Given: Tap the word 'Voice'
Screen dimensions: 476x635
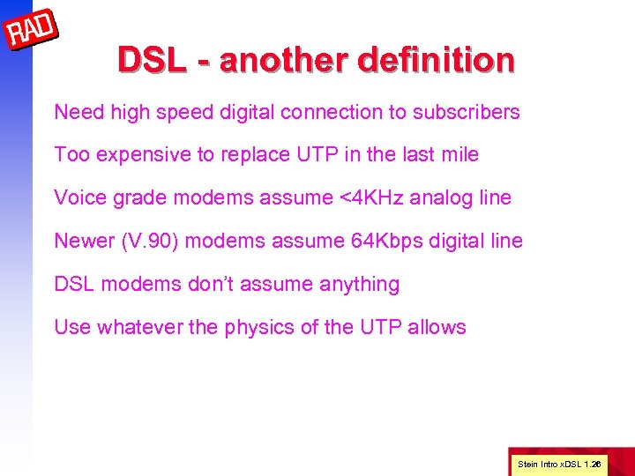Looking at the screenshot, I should tap(78, 197).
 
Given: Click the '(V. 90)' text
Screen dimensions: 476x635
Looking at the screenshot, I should tap(150, 241).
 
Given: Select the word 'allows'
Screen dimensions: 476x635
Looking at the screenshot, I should tap(437, 327).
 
